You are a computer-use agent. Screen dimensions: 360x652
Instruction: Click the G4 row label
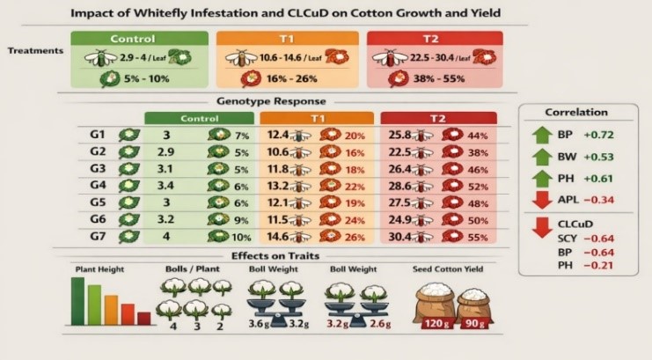pyautogui.click(x=98, y=184)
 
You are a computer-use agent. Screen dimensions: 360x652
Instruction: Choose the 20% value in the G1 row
pyautogui.click(x=355, y=135)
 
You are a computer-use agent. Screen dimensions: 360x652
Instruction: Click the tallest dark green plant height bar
pyautogui.click(x=77, y=301)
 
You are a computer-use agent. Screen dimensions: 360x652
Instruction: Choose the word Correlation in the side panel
pyautogui.click(x=576, y=113)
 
